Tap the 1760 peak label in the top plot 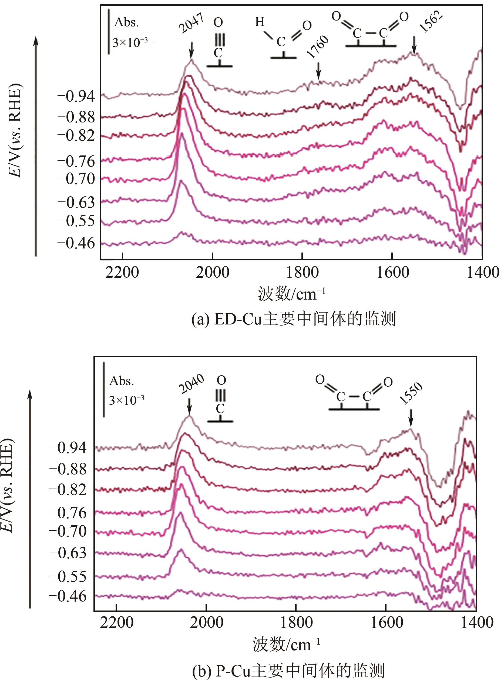click(x=318, y=47)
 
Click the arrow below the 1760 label click(x=318, y=71)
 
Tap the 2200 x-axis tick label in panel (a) click(x=122, y=272)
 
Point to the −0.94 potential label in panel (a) click(x=76, y=97)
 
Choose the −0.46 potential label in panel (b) click(x=68, y=596)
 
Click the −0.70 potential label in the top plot click(x=76, y=179)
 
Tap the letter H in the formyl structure click(x=260, y=22)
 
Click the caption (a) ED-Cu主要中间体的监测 click(x=294, y=319)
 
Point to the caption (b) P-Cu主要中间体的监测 click(x=288, y=670)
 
